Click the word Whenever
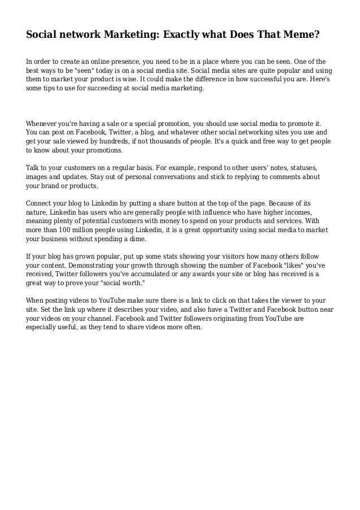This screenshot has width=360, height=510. tap(43, 123)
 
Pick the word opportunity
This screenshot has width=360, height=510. tap(198, 231)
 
